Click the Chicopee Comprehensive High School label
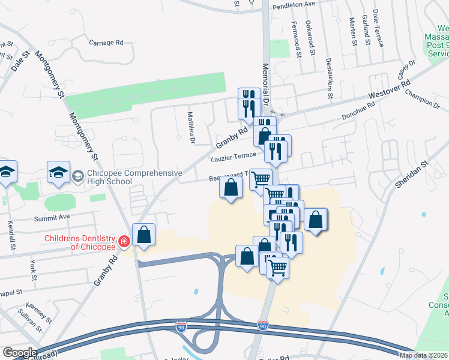[134, 178]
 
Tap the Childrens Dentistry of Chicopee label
[79, 242]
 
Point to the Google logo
[19, 353]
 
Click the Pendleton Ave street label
[294, 4]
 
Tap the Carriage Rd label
[106, 43]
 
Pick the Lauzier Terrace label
[233, 157]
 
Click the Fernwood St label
[297, 40]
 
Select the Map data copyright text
[423, 355]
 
